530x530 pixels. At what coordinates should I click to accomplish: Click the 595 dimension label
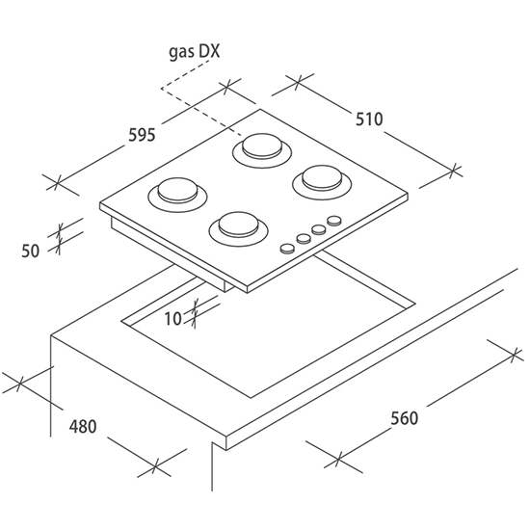point(142,135)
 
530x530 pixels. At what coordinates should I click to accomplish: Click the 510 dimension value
point(369,119)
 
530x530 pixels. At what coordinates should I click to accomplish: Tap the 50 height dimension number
point(31,252)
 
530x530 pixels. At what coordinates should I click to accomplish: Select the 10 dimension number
point(172,318)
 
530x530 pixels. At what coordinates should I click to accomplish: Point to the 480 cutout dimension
point(83,427)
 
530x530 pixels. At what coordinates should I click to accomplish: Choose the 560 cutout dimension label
point(405,418)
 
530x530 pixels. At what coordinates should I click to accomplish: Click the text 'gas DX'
point(195,52)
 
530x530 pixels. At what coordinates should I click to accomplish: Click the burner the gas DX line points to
point(262,150)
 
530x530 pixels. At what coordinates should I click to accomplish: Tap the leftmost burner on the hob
point(178,197)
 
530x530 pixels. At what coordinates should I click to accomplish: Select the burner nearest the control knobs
point(239,229)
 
